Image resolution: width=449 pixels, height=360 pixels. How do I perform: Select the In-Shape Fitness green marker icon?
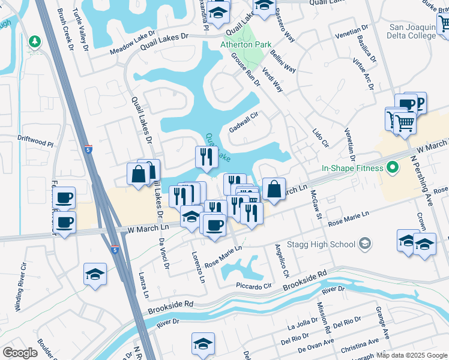(x=393, y=168)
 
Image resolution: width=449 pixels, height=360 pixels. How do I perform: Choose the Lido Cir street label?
(x=321, y=138)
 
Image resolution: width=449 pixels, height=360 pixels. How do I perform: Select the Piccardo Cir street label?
(x=254, y=286)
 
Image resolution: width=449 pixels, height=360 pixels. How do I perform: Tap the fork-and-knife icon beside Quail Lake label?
(x=205, y=157)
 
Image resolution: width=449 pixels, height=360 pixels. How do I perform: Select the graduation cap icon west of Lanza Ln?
(x=95, y=274)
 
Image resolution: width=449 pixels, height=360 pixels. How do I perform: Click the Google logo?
(x=20, y=353)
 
